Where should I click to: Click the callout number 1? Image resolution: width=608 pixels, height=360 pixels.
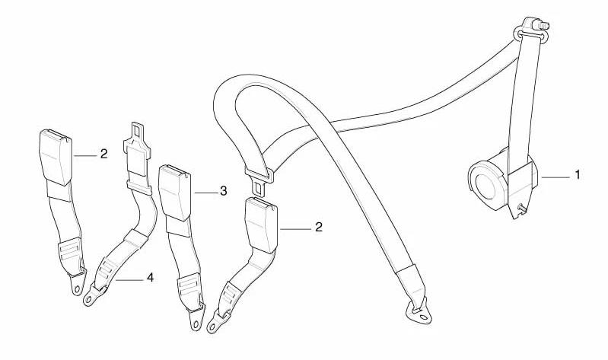point(578,175)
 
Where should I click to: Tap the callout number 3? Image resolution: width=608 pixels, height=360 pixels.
point(223,191)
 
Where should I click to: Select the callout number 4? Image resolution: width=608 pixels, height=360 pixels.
point(150,277)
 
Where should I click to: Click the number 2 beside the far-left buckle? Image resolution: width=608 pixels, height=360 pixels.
point(103,154)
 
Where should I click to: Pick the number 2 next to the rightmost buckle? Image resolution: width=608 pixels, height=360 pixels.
point(318,227)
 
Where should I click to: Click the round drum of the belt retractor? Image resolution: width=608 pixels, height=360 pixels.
point(486,184)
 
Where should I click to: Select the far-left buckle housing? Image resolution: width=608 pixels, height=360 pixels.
point(56,157)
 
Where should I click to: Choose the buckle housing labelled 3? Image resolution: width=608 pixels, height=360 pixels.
point(174,192)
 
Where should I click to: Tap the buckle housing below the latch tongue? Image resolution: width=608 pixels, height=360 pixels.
point(261,225)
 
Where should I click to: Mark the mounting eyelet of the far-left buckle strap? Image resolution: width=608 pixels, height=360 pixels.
point(78,288)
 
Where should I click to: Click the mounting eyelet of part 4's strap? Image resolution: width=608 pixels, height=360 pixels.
point(90,298)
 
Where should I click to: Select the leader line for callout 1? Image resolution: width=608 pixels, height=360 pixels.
point(556,177)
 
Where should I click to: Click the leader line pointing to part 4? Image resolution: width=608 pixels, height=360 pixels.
point(129,279)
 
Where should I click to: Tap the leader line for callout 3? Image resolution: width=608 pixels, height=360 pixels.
point(205,193)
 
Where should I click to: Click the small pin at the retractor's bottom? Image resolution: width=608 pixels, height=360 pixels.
point(521,208)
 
